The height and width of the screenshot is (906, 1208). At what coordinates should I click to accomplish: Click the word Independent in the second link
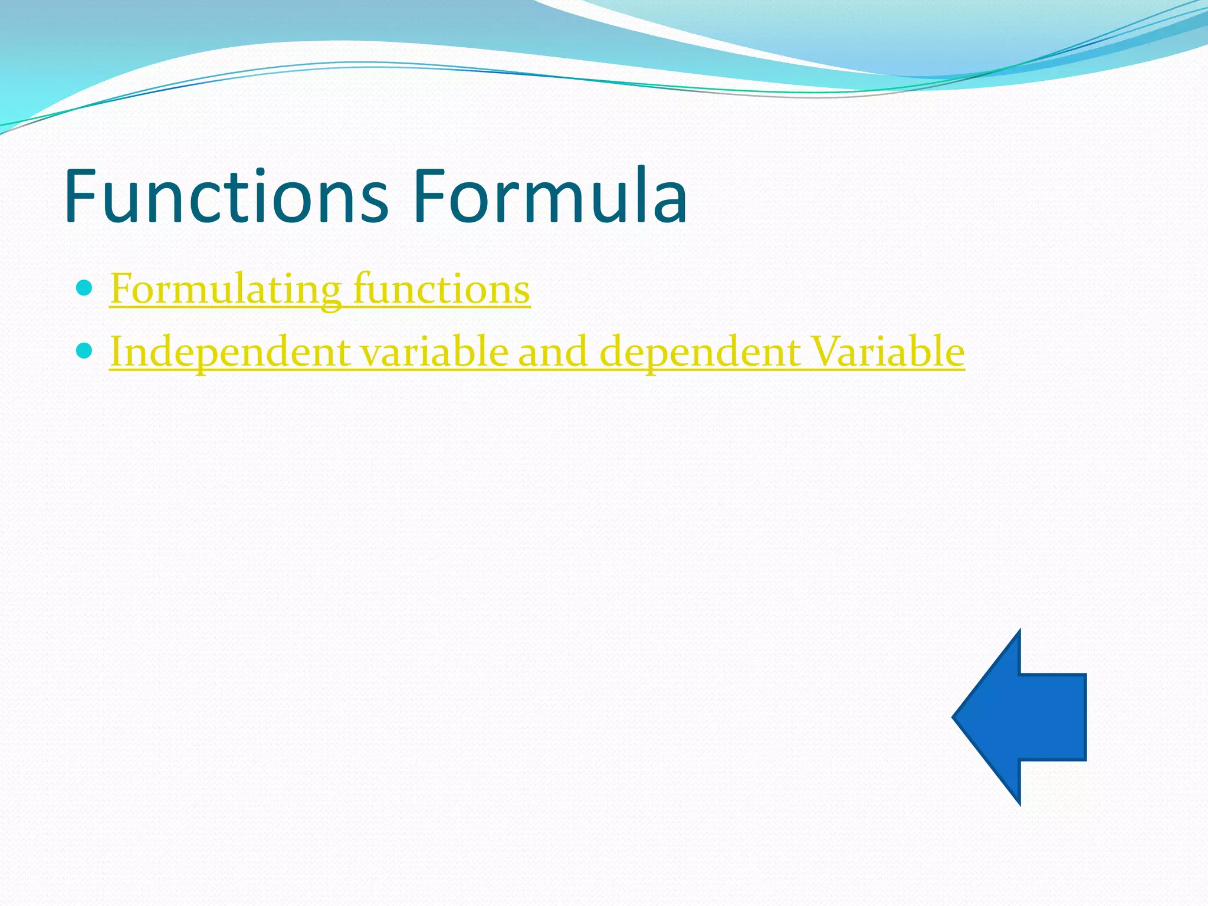pyautogui.click(x=230, y=352)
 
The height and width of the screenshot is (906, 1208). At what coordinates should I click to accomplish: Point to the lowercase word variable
pyautogui.click(x=434, y=352)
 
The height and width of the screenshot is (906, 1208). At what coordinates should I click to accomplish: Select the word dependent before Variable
pyautogui.click(x=700, y=352)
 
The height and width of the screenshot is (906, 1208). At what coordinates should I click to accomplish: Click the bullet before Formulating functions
pyautogui.click(x=85, y=288)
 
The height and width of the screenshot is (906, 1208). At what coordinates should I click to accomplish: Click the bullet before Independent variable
pyautogui.click(x=85, y=351)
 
